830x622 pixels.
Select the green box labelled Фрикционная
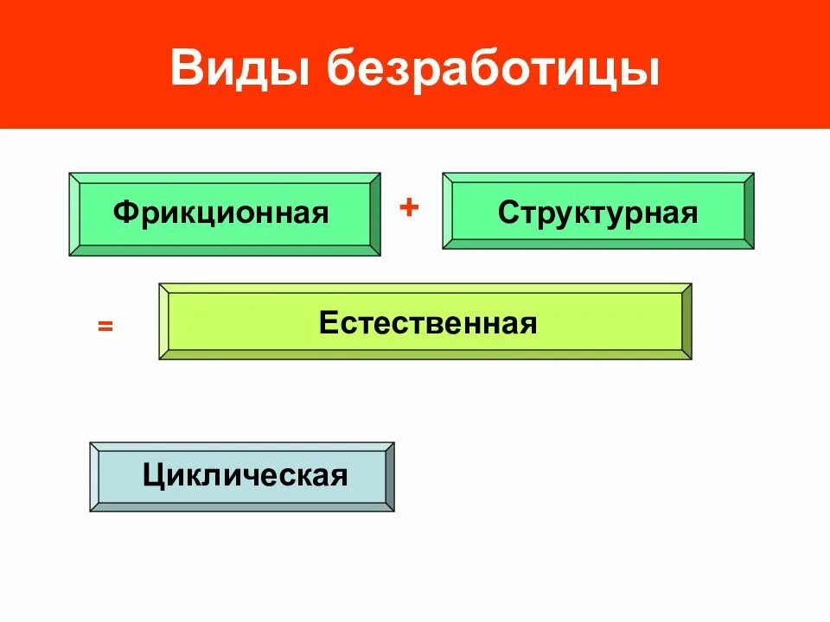pos(224,213)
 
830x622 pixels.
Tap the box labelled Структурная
pos(597,211)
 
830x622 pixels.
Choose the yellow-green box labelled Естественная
pos(425,321)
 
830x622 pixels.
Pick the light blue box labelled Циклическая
pos(242,476)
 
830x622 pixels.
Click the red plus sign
pos(409,208)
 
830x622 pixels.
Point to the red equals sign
pos(105,327)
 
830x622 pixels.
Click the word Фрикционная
pos(221,213)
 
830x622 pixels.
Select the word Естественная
pos(428,323)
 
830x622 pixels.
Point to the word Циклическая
pos(246,475)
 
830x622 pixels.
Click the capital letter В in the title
pos(186,69)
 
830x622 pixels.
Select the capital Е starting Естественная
pos(327,323)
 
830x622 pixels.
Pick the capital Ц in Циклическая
pos(153,475)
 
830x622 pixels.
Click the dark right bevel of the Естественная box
pos(686,321)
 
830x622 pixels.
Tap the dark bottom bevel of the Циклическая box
pos(242,507)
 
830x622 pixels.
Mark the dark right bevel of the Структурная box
pos(749,211)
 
